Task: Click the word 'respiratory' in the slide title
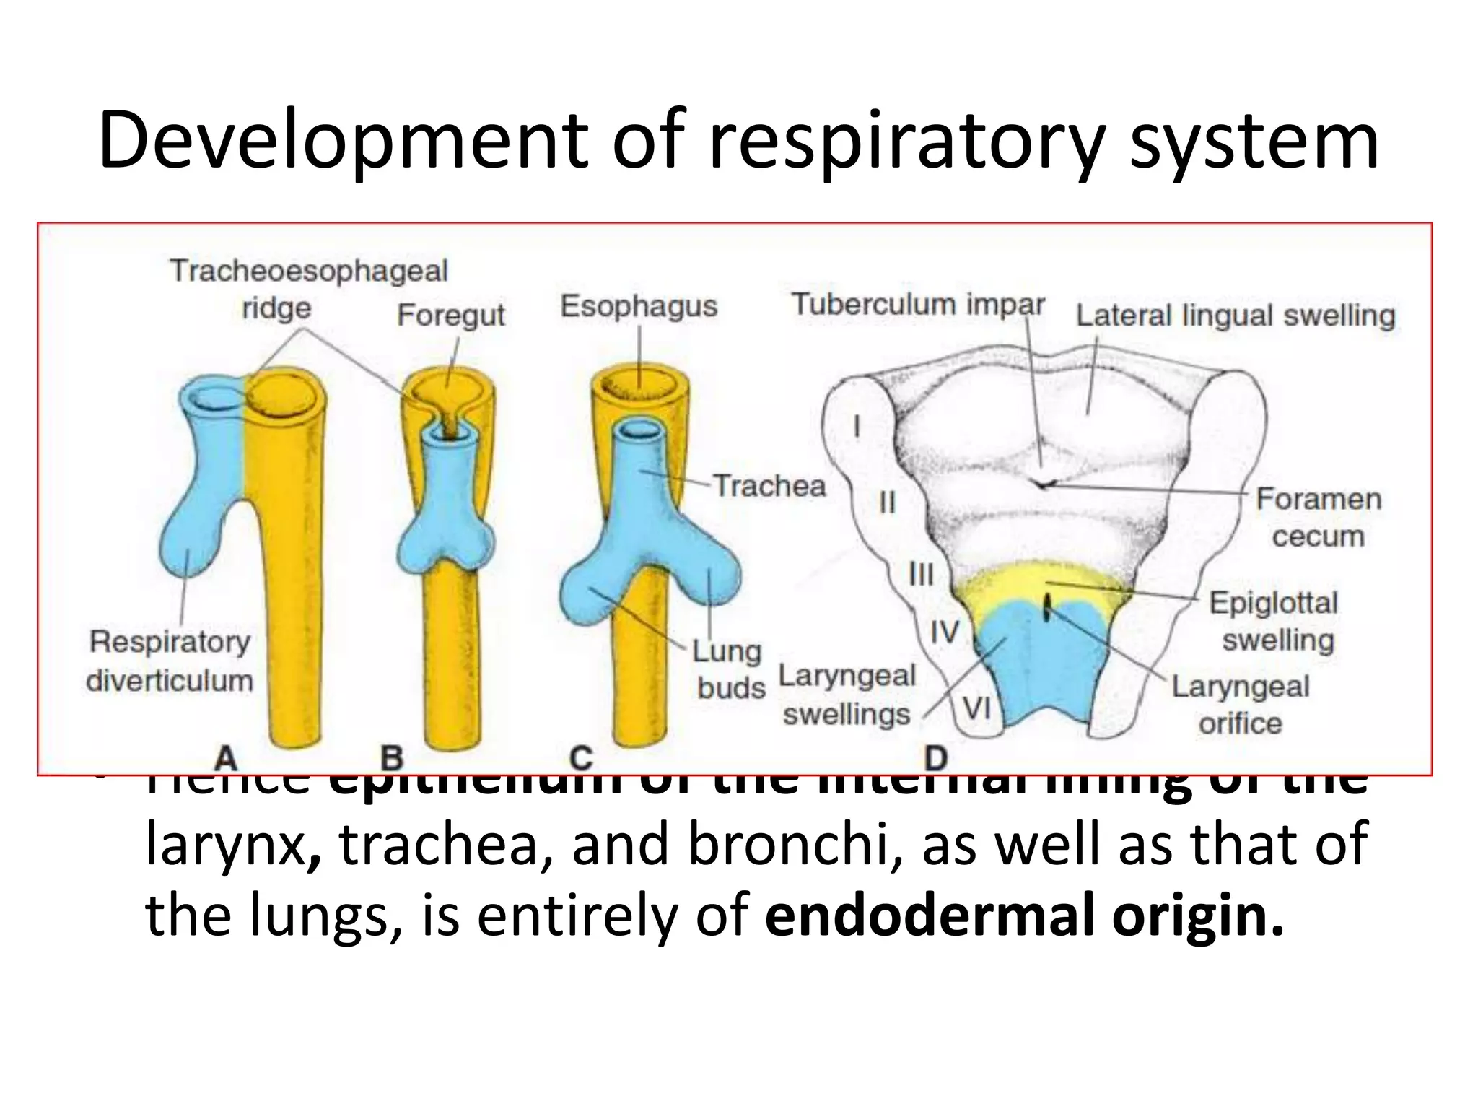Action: point(906,141)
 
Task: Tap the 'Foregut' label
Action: point(450,315)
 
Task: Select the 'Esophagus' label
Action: point(639,306)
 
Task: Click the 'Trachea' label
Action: point(769,485)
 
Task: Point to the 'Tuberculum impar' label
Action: point(918,304)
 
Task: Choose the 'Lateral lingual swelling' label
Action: point(1236,316)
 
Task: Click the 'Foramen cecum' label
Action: point(1319,517)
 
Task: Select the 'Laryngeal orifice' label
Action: point(1240,704)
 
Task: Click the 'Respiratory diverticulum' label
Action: point(170,661)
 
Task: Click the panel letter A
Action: point(226,758)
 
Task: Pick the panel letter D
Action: point(935,758)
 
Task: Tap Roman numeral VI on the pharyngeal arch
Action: point(977,708)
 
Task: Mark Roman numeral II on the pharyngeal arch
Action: point(887,502)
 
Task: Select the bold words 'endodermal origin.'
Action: point(1025,914)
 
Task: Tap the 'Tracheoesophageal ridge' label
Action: point(308,289)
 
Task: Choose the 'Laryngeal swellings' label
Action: point(847,695)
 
